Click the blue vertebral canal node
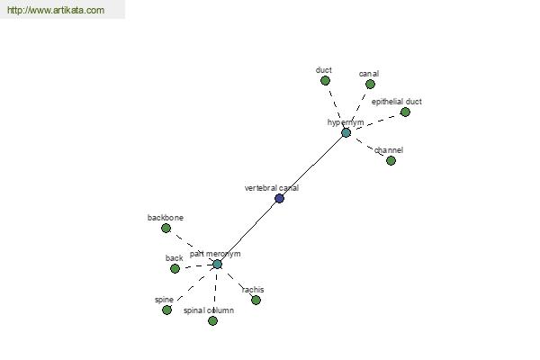(x=279, y=198)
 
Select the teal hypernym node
(x=346, y=132)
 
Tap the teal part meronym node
(x=217, y=265)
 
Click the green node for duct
(x=325, y=81)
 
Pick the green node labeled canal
(x=370, y=84)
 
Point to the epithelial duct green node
(x=405, y=112)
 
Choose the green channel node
(x=391, y=160)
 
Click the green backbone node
(x=166, y=228)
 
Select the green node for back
(x=175, y=268)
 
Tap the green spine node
(x=166, y=310)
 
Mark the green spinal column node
(x=212, y=321)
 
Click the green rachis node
(x=256, y=300)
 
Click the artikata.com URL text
(x=56, y=10)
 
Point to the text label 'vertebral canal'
(x=272, y=188)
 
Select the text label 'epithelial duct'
(x=397, y=102)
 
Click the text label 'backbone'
(x=166, y=218)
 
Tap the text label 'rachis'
(x=253, y=290)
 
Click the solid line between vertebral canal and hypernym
(x=312, y=166)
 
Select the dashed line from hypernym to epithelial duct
(x=375, y=122)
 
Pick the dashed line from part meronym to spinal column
(x=215, y=292)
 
